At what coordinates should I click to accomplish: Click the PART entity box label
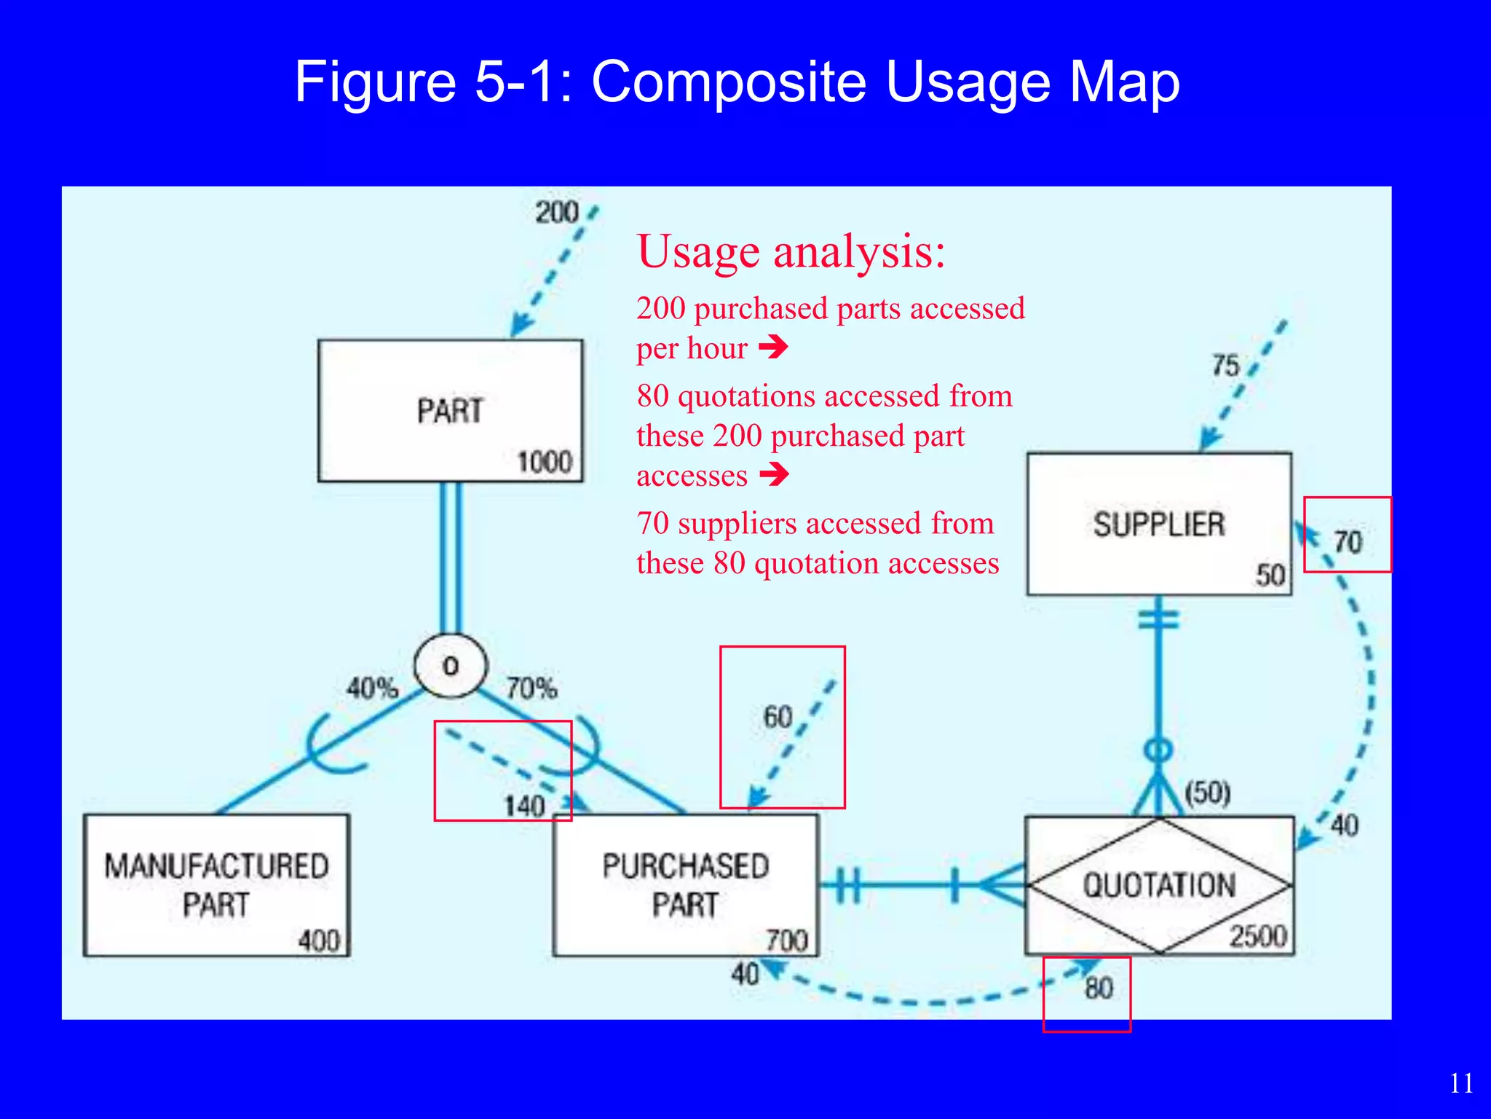(x=450, y=411)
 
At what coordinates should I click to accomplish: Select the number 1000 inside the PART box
(x=544, y=463)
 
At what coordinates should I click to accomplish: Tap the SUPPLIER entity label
(x=1158, y=525)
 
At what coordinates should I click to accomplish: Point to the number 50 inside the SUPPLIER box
(x=1270, y=576)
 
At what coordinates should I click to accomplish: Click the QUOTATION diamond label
(x=1159, y=885)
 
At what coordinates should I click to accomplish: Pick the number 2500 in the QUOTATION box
(x=1258, y=936)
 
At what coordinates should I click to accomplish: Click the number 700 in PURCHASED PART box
(x=787, y=941)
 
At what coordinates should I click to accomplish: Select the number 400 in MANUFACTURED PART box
(x=319, y=941)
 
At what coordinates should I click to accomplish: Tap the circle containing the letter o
(x=450, y=666)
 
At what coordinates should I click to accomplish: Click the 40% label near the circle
(x=372, y=688)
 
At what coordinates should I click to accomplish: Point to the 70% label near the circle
(x=531, y=688)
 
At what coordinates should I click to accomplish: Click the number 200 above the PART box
(x=556, y=213)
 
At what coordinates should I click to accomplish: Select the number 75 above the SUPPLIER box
(x=1225, y=366)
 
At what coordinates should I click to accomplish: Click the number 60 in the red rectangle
(x=778, y=717)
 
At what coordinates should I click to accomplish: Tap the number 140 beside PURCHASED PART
(x=524, y=806)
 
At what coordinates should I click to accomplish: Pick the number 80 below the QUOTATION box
(x=1099, y=989)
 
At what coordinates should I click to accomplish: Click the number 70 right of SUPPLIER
(x=1348, y=542)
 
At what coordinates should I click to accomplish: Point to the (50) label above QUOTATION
(x=1207, y=792)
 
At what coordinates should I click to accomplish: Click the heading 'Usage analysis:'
(x=791, y=252)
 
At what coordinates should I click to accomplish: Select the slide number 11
(x=1461, y=1083)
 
